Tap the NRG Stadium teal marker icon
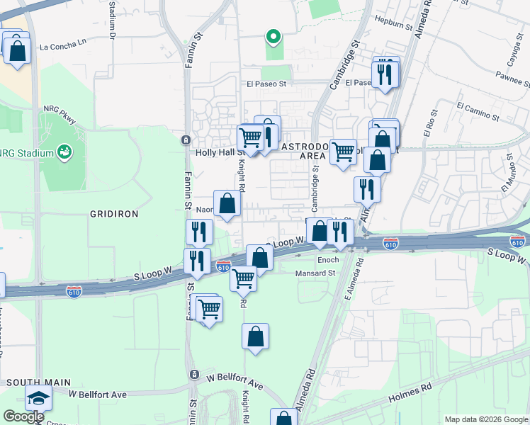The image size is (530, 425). [65, 152]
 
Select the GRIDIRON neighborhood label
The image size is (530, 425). [114, 213]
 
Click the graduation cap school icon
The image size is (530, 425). [38, 399]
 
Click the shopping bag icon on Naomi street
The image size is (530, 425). [227, 204]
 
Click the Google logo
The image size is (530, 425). [23, 416]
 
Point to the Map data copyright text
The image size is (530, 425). [485, 419]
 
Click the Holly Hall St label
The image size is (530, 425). [219, 152]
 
